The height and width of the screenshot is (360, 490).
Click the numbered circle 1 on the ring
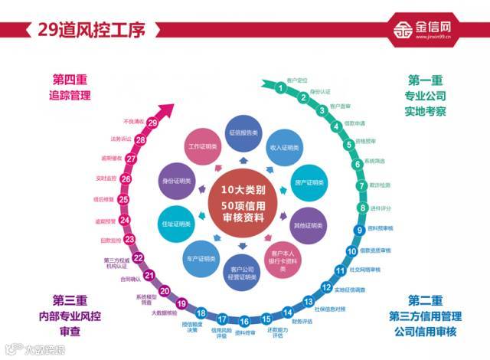point(281,87)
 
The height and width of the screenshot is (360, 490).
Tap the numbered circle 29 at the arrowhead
point(152,123)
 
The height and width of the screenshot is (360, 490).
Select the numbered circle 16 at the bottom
point(244,322)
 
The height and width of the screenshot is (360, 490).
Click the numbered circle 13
point(307,301)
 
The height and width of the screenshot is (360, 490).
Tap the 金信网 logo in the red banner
point(432,30)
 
